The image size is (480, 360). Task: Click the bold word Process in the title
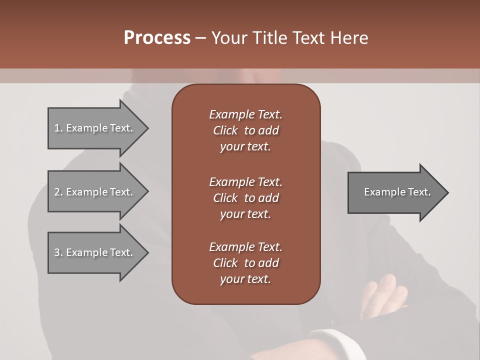coord(157,38)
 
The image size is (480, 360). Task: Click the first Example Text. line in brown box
coord(245,114)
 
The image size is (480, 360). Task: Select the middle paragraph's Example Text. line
coord(245,182)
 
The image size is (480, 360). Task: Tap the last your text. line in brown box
coord(245,279)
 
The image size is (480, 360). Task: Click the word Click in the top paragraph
coord(225,130)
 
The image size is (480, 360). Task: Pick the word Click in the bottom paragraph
coord(225,263)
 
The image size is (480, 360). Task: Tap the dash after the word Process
coord(200,38)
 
